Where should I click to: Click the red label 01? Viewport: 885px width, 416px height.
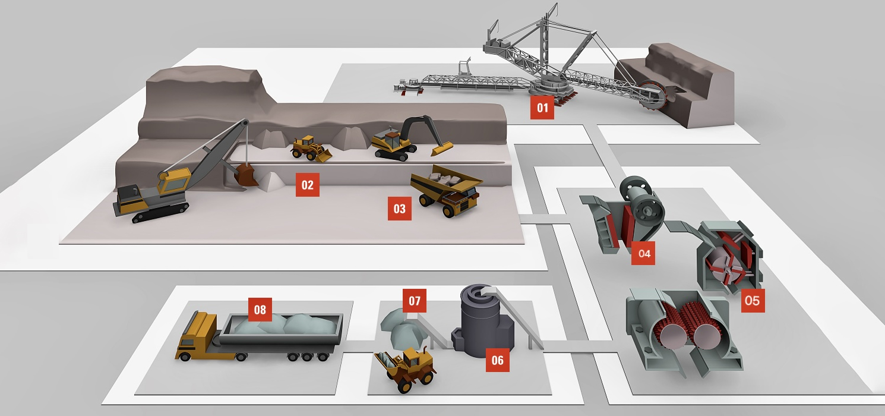(x=542, y=108)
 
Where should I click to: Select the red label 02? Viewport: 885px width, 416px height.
(x=307, y=185)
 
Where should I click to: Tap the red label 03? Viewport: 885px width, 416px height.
(x=399, y=209)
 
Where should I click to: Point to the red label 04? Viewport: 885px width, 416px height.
(x=644, y=253)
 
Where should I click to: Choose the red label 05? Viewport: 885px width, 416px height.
(x=752, y=300)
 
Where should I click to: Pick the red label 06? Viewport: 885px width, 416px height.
(x=497, y=360)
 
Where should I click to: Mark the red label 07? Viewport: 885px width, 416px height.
(x=414, y=301)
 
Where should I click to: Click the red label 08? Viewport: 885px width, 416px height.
(x=260, y=309)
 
